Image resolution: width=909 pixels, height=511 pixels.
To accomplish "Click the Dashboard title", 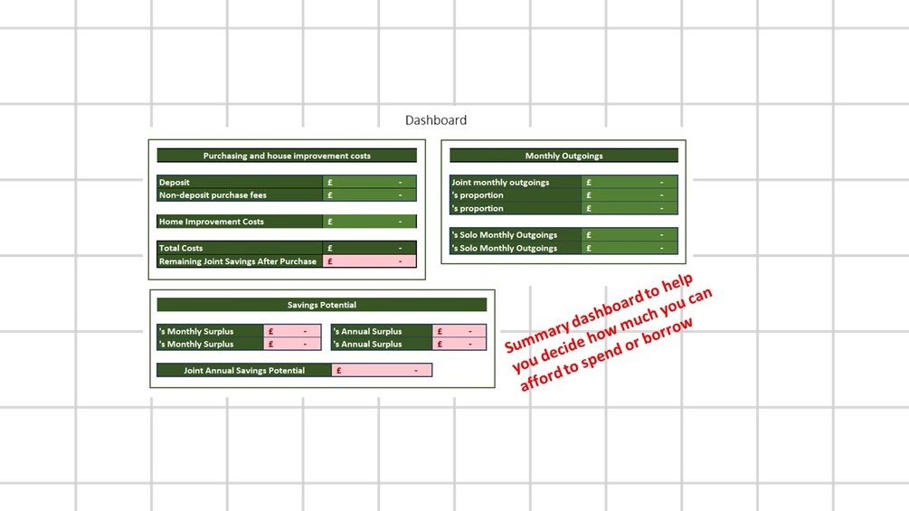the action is click(x=435, y=120).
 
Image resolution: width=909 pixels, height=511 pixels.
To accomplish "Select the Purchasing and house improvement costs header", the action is click(x=287, y=156).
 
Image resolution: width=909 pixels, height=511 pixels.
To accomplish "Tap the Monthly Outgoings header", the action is click(x=563, y=156).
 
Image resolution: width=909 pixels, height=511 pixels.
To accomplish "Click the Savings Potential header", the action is click(x=322, y=305).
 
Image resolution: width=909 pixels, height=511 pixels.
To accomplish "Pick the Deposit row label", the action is click(x=174, y=182).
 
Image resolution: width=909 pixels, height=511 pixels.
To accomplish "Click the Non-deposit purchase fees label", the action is click(x=213, y=195).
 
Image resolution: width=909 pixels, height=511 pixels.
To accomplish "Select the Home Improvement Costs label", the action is click(x=211, y=222).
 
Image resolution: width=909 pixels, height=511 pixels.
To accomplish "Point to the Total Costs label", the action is click(x=181, y=248).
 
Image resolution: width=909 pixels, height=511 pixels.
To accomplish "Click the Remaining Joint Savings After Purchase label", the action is click(x=238, y=261).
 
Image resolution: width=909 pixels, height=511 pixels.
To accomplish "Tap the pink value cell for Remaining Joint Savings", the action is click(x=369, y=261).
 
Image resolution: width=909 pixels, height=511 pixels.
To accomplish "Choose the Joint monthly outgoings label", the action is click(x=500, y=182).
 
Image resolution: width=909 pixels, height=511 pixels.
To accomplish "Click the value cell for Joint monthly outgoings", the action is click(x=630, y=182).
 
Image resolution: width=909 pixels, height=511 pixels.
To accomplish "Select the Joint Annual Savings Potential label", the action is click(x=244, y=370).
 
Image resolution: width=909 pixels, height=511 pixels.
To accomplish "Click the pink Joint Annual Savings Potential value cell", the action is click(x=382, y=370).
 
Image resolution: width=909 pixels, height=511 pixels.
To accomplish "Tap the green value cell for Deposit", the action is click(x=369, y=182).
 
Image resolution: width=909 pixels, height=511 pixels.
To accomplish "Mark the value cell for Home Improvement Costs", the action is click(x=369, y=222).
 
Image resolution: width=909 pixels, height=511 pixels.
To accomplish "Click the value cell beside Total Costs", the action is click(x=369, y=248).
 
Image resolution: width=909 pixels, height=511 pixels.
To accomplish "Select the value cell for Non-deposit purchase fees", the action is click(x=369, y=195).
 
